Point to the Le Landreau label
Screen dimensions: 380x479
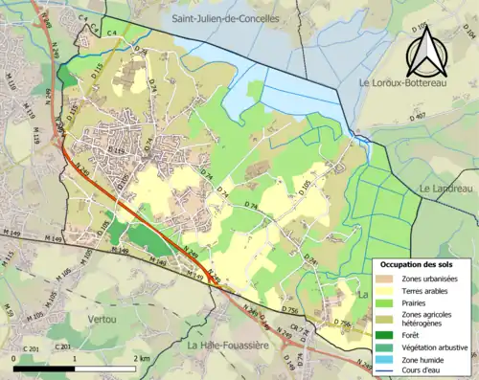[446, 189]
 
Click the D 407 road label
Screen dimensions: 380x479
[418, 117]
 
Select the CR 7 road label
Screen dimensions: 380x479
[299, 330]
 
